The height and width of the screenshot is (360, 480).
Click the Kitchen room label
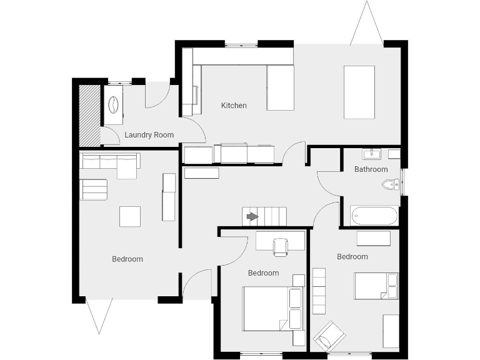234,106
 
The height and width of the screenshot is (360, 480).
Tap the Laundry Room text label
149,135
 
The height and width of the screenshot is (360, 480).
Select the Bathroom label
371,169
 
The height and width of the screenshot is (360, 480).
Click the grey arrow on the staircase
252,217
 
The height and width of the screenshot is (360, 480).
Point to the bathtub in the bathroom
374,216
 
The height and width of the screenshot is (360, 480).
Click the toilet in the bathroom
391,184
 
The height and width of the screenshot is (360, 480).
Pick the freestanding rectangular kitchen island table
359,92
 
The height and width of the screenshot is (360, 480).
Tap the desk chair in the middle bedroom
281,247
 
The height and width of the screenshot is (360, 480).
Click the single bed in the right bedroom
376,286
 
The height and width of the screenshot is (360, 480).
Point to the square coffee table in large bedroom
130,216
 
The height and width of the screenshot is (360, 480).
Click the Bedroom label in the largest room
127,259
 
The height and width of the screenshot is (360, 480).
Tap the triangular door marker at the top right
366,25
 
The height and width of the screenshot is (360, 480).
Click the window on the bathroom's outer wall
402,182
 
